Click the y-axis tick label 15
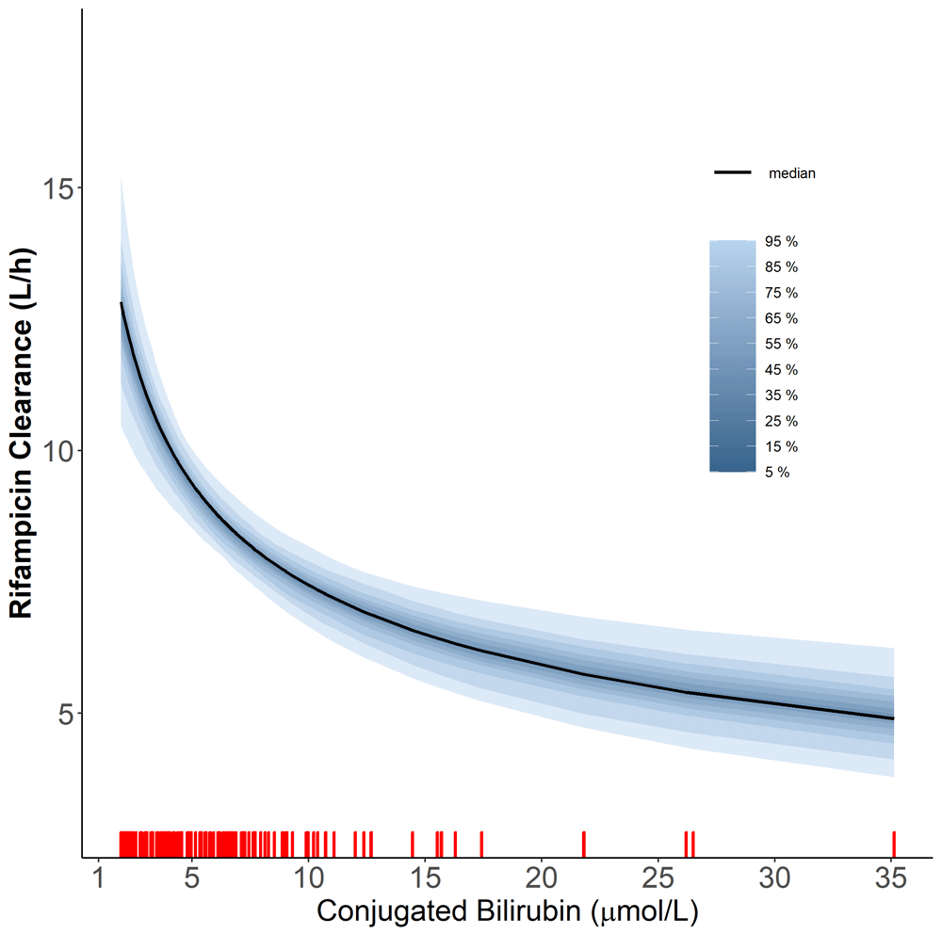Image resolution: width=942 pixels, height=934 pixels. (58, 187)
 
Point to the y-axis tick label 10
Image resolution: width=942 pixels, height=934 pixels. (58, 450)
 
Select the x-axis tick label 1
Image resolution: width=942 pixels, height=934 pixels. (98, 882)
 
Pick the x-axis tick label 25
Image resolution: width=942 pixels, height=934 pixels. (658, 882)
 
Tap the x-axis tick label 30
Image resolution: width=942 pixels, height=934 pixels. (774, 882)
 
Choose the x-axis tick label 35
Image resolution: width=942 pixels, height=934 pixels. (891, 882)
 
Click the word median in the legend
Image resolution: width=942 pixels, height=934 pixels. (791, 173)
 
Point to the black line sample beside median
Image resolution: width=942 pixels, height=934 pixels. (733, 173)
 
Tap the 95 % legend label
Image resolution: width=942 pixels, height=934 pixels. (781, 242)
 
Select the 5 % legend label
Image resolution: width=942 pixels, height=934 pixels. (777, 473)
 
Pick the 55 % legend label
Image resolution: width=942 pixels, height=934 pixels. (781, 345)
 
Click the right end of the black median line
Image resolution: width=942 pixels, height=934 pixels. (892, 718)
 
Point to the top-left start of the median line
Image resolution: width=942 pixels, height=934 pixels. (122, 303)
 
